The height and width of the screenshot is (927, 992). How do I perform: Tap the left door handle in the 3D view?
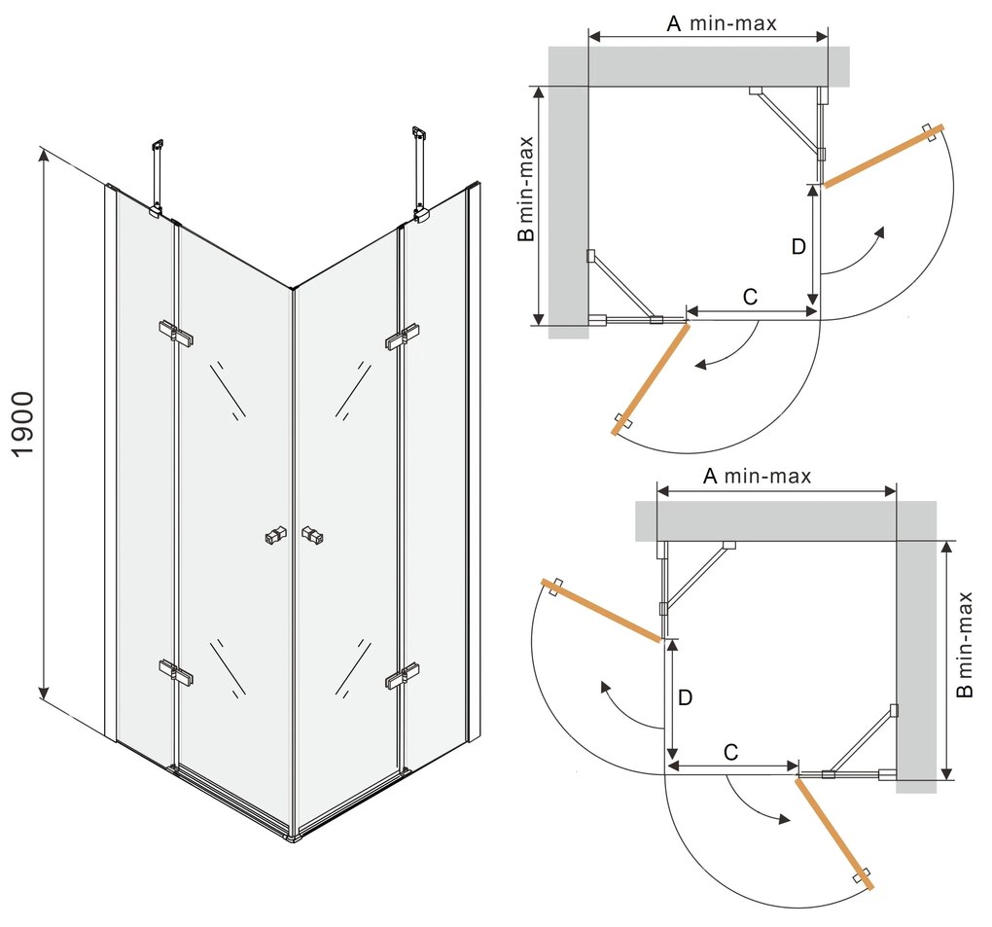[x=276, y=535]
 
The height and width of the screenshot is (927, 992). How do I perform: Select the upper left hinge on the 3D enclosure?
[x=175, y=333]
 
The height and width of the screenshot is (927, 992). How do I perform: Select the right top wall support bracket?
[x=420, y=175]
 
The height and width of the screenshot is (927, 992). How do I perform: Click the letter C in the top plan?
[x=750, y=298]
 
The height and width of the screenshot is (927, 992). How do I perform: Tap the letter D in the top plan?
[x=797, y=247]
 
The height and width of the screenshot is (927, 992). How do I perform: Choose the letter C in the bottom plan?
[x=731, y=751]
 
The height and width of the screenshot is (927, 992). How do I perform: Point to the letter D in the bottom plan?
[x=685, y=697]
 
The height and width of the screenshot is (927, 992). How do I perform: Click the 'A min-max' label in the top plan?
[x=721, y=23]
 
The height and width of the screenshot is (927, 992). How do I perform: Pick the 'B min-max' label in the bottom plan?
[x=964, y=644]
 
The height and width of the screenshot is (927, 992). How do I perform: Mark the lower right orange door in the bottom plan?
[x=835, y=833]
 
